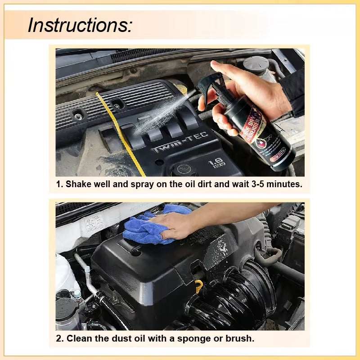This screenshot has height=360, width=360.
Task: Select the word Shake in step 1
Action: point(78,184)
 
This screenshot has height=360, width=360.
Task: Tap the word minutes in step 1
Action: point(284,184)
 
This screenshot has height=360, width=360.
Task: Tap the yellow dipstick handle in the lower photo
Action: point(198,285)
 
